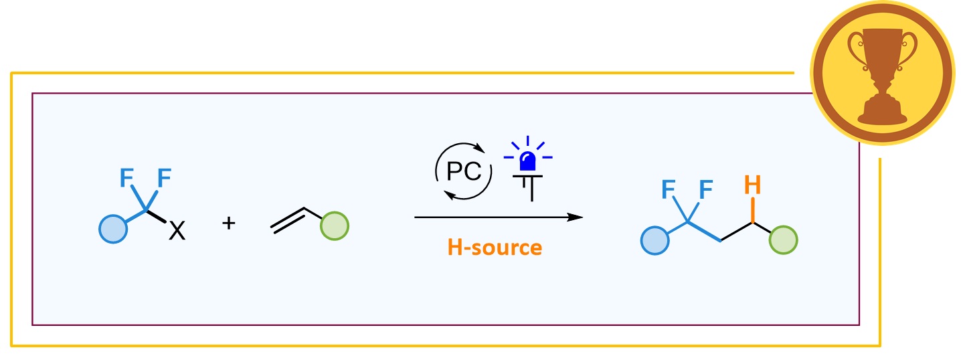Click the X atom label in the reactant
pyautogui.click(x=177, y=232)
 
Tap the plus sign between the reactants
pyautogui.click(x=229, y=223)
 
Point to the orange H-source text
pyautogui.click(x=495, y=248)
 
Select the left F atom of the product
pyautogui.click(x=669, y=191)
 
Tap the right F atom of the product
pyautogui.click(x=705, y=191)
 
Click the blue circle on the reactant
pyautogui.click(x=112, y=227)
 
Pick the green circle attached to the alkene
pyautogui.click(x=335, y=226)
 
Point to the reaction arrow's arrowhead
pyautogui.click(x=575, y=217)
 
